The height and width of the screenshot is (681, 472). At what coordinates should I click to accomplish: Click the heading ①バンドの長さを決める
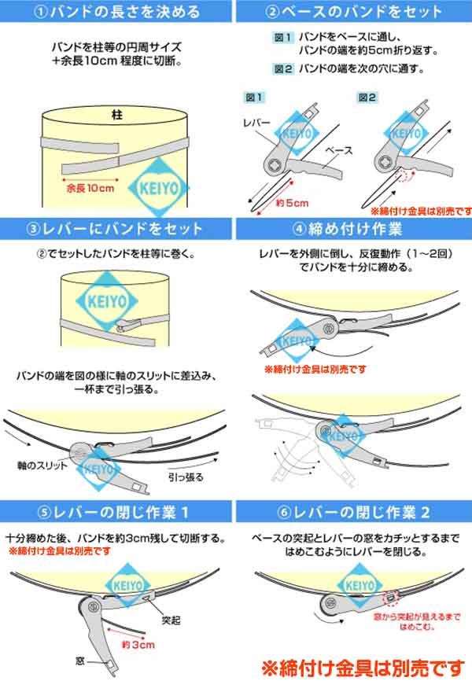pyautogui.click(x=116, y=12)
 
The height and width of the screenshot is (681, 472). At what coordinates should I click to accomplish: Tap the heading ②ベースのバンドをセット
pyautogui.click(x=353, y=12)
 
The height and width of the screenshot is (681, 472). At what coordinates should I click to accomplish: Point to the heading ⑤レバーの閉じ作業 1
pyautogui.click(x=112, y=513)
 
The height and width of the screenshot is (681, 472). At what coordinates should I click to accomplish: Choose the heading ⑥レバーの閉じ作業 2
pyautogui.click(x=353, y=513)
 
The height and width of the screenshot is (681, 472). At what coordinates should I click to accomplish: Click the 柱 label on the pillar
pyautogui.click(x=117, y=115)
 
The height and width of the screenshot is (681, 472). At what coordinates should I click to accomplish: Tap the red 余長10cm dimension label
pyautogui.click(x=90, y=188)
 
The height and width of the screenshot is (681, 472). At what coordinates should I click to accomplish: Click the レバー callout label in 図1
pyautogui.click(x=256, y=123)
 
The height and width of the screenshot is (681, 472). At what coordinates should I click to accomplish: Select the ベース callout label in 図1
pyautogui.click(x=339, y=150)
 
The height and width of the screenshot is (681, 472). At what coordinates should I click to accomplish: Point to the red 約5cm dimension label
pyautogui.click(x=292, y=203)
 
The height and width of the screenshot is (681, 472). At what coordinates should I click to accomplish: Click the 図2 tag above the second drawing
pyautogui.click(x=367, y=98)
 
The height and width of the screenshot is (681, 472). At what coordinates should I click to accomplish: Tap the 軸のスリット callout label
pyautogui.click(x=42, y=466)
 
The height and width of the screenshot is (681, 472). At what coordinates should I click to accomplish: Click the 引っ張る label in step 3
pyautogui.click(x=186, y=477)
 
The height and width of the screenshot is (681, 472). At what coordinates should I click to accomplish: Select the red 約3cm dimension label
pyautogui.click(x=138, y=645)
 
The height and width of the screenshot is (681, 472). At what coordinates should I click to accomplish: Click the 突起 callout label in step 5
pyautogui.click(x=171, y=620)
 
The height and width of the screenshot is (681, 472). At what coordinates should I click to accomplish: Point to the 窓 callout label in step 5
pyautogui.click(x=80, y=661)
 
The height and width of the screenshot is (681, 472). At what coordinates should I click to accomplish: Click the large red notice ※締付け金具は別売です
pyautogui.click(x=363, y=668)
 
